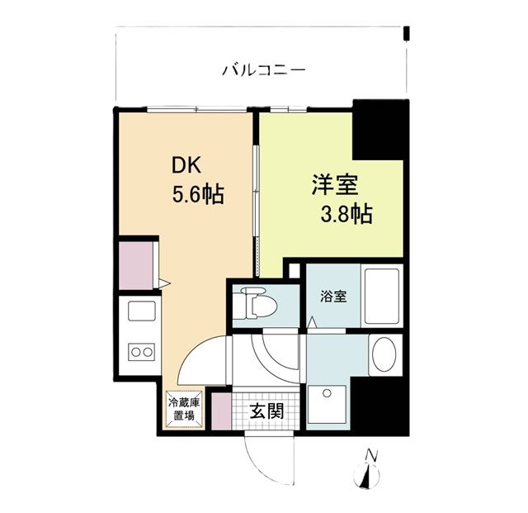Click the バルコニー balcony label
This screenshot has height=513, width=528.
[x=264, y=70]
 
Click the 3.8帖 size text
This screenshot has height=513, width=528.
[x=346, y=215]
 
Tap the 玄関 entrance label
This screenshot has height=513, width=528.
[x=268, y=411]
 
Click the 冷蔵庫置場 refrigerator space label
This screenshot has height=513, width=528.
[x=182, y=409]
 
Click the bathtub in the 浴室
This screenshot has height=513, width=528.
[x=381, y=297]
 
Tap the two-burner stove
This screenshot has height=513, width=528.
[x=139, y=352]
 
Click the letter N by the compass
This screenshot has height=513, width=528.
[x=372, y=454]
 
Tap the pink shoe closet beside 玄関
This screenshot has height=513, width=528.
[x=219, y=411]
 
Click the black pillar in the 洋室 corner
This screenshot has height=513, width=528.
[x=377, y=130]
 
